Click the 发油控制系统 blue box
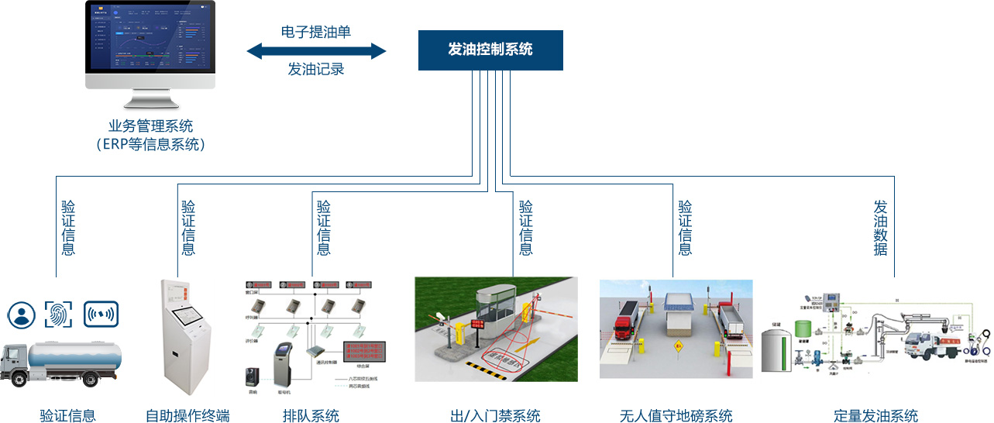tap(490, 50)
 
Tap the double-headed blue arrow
tap(316, 51)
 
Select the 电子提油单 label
tap(316, 32)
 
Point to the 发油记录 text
tap(316, 70)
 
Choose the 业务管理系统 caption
tap(150, 126)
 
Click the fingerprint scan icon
tap(59, 314)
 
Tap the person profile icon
tap(22, 314)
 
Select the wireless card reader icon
tap(100, 314)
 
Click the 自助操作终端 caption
tap(187, 415)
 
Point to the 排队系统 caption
tap(311, 415)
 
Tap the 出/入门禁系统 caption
tap(495, 415)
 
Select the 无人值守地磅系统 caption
tap(676, 415)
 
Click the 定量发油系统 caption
tap(875, 415)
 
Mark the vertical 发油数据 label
tap(880, 228)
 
